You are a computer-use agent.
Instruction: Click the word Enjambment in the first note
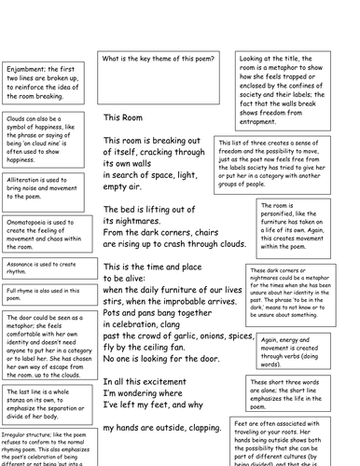(26, 68)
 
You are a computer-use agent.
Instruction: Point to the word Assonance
(24, 264)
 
